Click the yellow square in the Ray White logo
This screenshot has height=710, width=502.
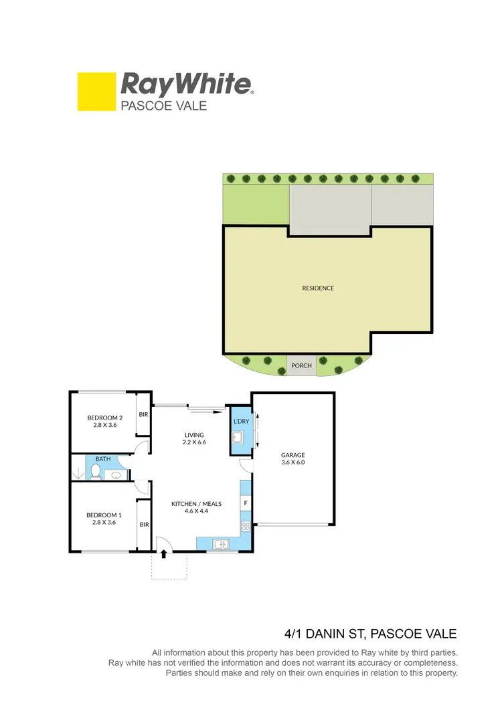click(x=96, y=92)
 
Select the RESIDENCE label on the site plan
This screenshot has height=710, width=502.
click(x=318, y=288)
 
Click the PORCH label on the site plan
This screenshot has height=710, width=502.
click(x=301, y=366)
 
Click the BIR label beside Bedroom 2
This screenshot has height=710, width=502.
click(x=143, y=415)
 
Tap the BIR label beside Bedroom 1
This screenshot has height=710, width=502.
click(x=144, y=525)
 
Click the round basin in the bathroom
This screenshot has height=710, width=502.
click(x=116, y=474)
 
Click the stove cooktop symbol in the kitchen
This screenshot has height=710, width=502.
click(x=246, y=525)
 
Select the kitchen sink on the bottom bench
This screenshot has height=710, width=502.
click(x=220, y=545)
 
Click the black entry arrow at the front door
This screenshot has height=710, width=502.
click(x=164, y=555)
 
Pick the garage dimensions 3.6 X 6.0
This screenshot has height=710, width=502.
click(x=292, y=462)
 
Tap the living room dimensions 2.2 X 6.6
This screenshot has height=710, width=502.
click(x=194, y=443)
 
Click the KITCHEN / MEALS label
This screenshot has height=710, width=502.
click(x=196, y=503)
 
